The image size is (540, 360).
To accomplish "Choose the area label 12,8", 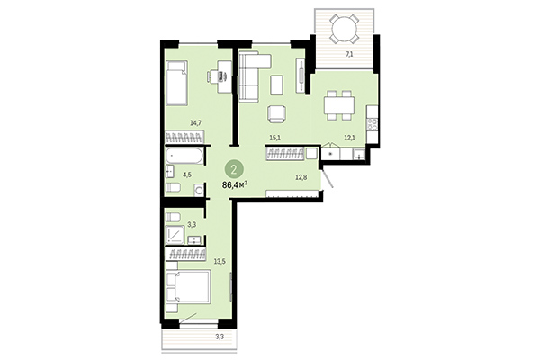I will (x=301, y=176).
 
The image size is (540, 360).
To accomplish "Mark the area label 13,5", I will (x=219, y=264).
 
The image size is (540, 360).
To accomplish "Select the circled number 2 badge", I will (x=234, y=167).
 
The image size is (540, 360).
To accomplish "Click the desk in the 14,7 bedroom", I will (x=215, y=78).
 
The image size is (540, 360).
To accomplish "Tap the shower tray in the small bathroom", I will (x=176, y=236).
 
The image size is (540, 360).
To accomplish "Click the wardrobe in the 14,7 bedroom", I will (x=184, y=138).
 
